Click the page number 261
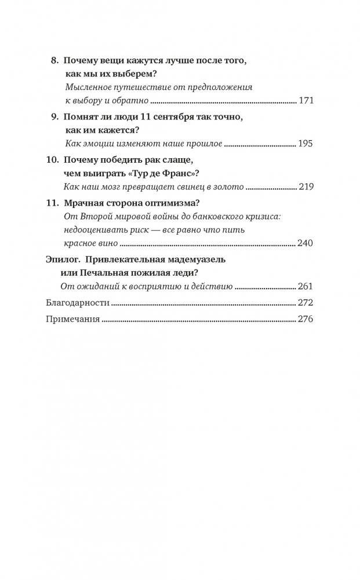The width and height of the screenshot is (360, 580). [x=305, y=286]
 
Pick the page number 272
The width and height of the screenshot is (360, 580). [x=305, y=302]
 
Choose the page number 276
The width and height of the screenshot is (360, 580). [x=305, y=319]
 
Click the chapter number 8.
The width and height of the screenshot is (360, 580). [x=55, y=60]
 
